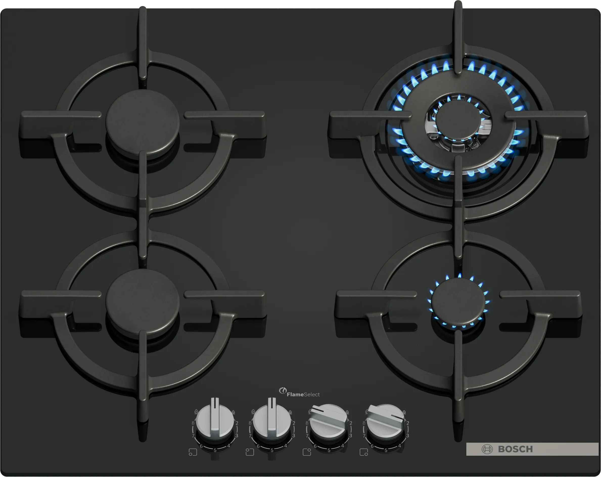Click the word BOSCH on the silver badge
point(515,449)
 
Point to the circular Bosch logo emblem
point(487,449)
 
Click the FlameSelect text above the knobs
point(303,395)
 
